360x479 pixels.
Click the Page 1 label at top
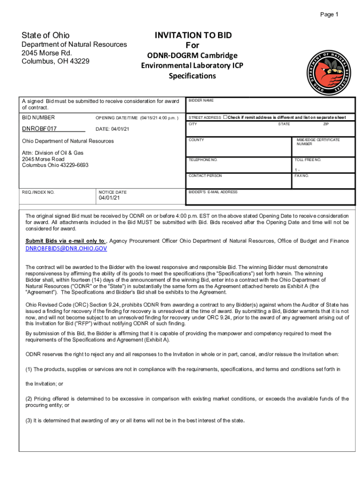(x=329, y=15)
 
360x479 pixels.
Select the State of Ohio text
(x=46, y=36)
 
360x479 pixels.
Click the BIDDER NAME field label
(x=201, y=101)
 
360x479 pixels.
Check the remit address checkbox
(x=225, y=117)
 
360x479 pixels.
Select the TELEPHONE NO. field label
(x=203, y=160)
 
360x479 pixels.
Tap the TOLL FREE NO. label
(x=308, y=160)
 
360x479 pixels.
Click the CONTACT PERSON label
(x=205, y=175)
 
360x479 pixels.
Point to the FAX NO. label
(x=301, y=176)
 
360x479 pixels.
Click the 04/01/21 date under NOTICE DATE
(x=109, y=198)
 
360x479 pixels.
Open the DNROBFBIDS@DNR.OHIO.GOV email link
(x=66, y=249)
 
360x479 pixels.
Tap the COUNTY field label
(x=196, y=140)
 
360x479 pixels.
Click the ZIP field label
(x=326, y=124)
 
